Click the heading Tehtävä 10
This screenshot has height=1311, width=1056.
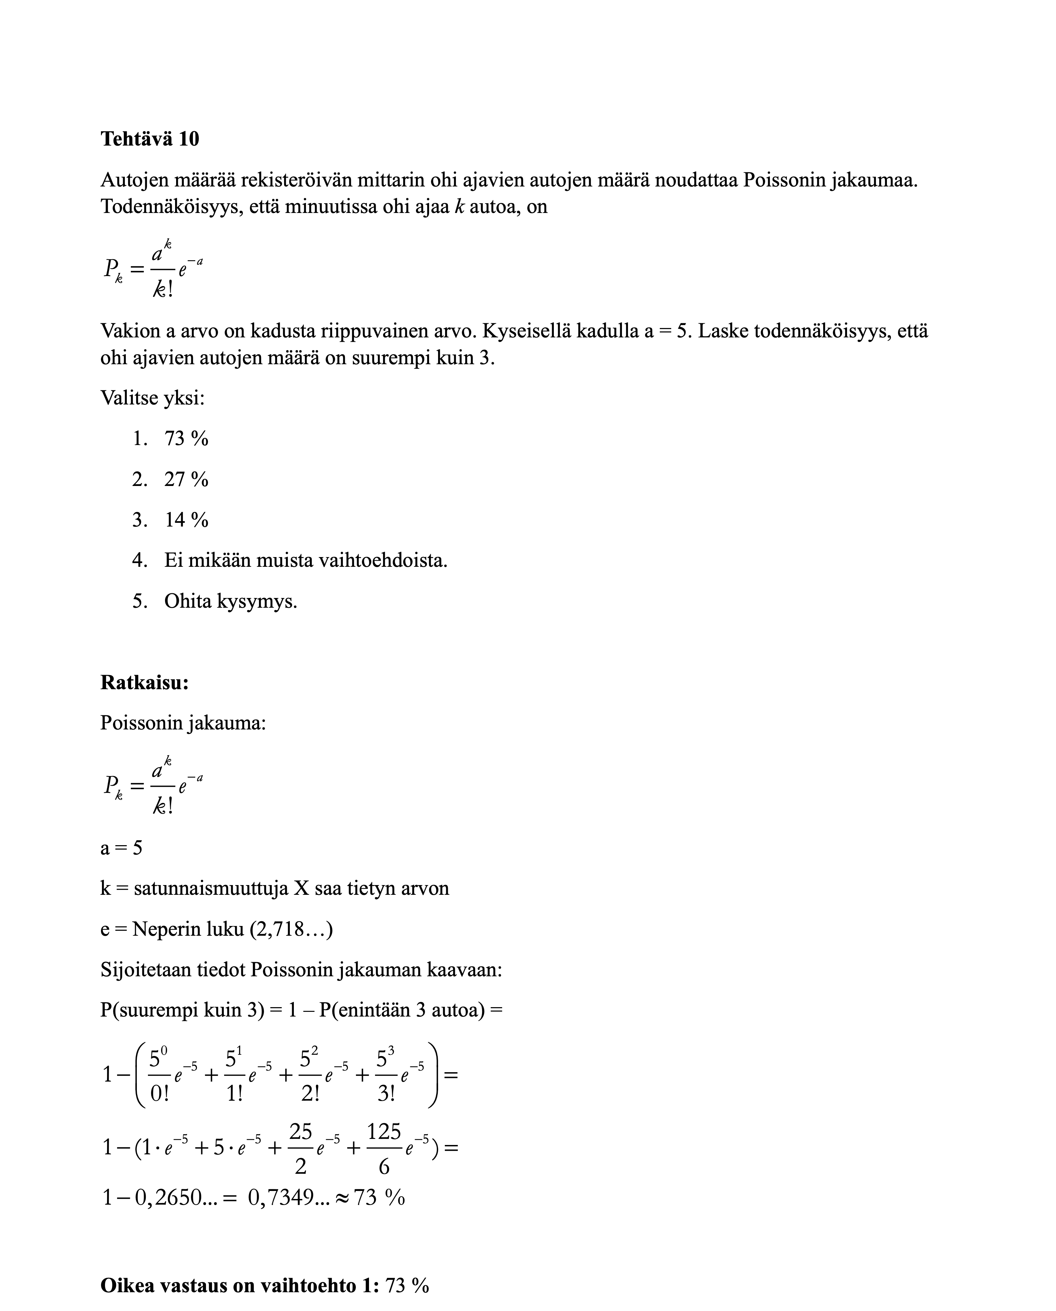(x=150, y=139)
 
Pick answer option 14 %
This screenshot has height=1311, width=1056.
(x=186, y=520)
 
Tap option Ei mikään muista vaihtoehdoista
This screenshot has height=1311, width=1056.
(x=305, y=560)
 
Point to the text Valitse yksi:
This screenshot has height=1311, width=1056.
(x=153, y=398)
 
